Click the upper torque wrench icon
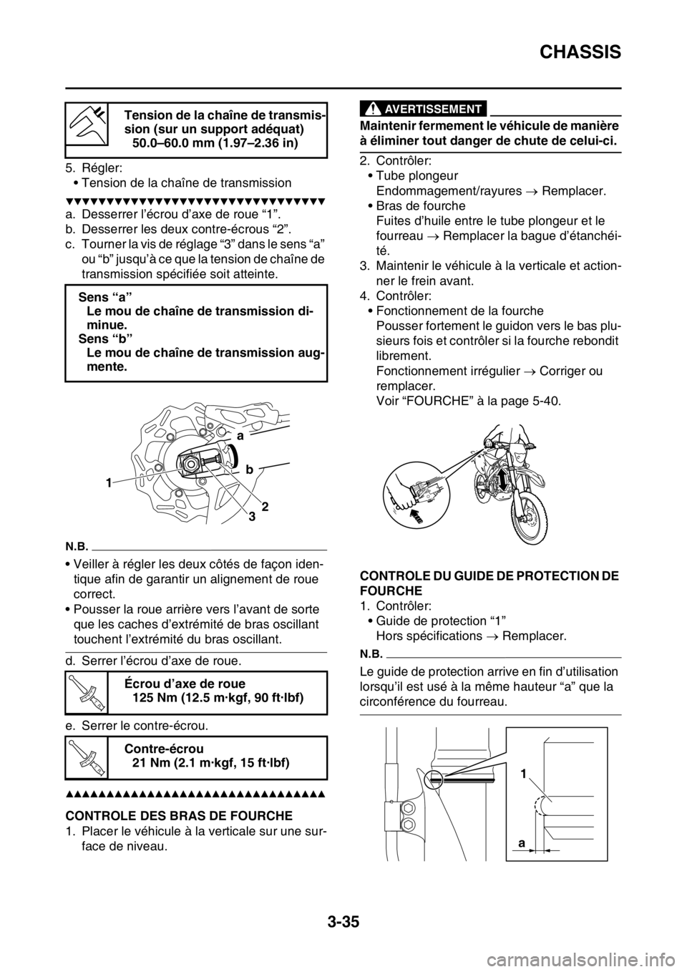[86, 692]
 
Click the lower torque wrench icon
[86, 757]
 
